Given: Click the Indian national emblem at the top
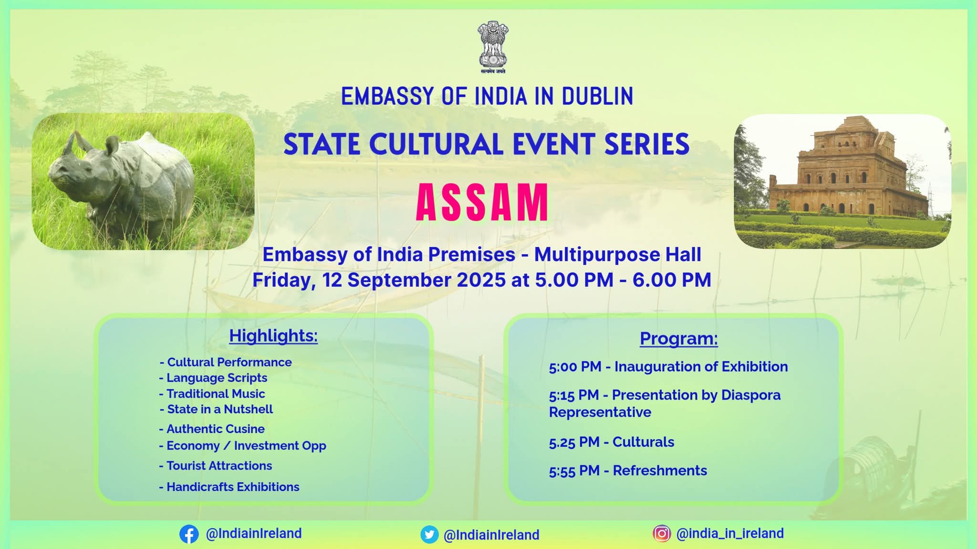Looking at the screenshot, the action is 493,47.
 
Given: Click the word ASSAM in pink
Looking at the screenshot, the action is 482,203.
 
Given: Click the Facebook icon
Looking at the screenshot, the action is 189,534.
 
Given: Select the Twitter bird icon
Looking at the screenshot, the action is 429,535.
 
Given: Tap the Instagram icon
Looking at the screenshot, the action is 662,533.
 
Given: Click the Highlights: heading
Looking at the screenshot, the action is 273,335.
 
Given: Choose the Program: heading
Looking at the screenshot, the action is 678,338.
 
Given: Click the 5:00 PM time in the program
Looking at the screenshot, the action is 575,367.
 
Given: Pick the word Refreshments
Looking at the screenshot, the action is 660,471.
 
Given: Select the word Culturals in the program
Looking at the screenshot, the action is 643,442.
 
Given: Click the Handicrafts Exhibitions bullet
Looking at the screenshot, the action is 229,487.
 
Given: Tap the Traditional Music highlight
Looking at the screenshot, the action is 212,394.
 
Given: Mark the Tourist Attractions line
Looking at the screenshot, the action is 215,466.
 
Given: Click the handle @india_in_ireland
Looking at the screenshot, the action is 730,533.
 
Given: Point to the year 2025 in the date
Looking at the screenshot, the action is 481,280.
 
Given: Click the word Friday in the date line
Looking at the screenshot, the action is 284,280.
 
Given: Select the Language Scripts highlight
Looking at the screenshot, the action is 213,378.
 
